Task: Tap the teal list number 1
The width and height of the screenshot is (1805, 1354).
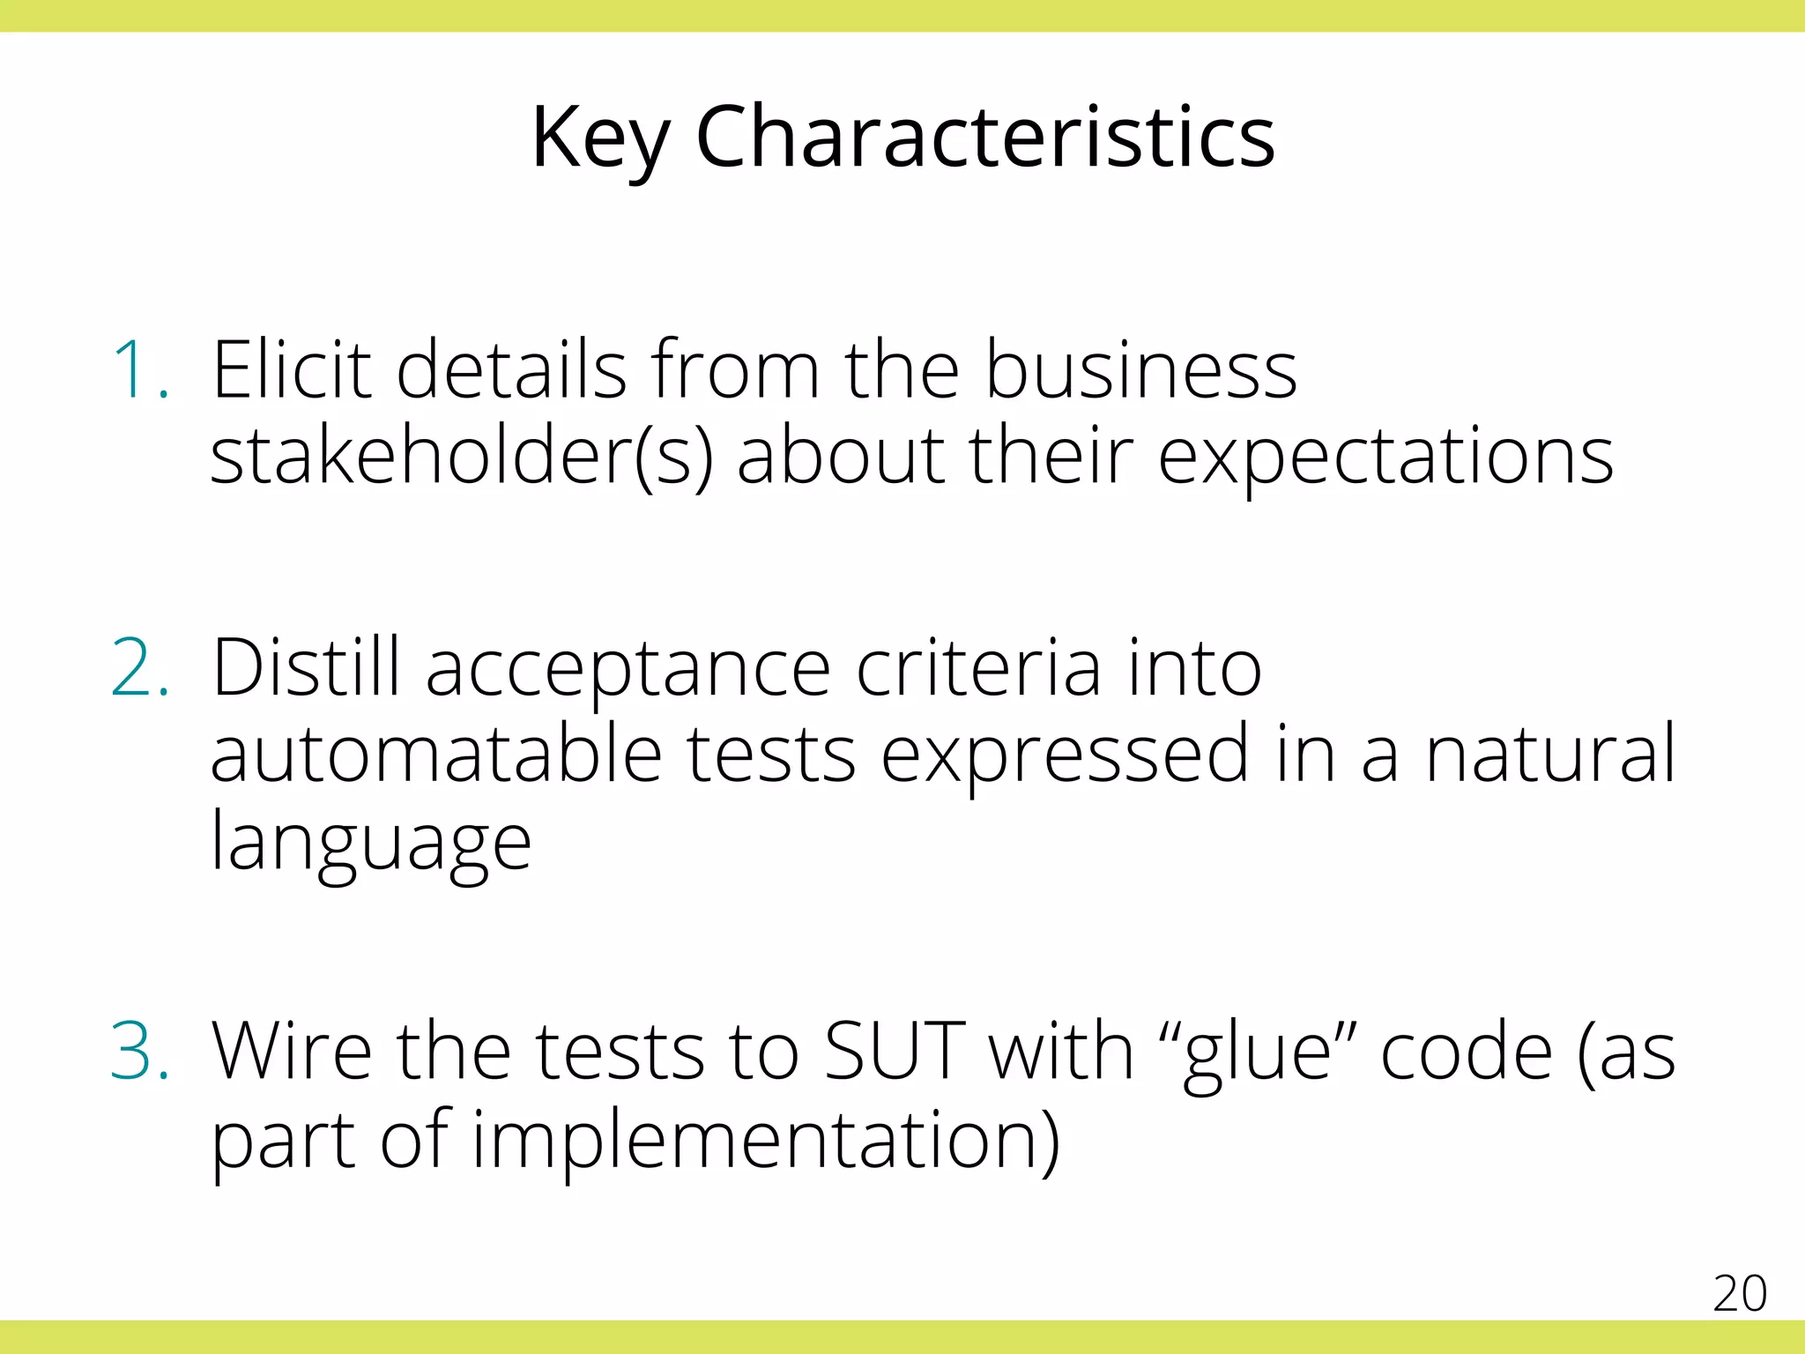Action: [140, 370]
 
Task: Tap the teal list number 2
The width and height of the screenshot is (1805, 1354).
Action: [140, 668]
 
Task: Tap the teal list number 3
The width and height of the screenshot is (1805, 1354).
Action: [140, 1051]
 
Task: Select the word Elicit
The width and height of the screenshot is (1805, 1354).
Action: [292, 370]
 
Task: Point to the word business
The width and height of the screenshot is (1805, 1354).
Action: [1140, 370]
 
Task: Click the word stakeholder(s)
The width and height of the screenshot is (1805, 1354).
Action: [461, 457]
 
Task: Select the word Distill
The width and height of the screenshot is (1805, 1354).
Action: [306, 668]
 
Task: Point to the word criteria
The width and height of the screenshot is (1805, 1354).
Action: [978, 668]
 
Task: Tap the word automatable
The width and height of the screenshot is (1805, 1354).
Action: [436, 755]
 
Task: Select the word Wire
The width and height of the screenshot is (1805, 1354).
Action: [292, 1051]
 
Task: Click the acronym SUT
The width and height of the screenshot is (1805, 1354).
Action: [894, 1051]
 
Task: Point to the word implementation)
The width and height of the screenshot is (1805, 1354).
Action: [766, 1141]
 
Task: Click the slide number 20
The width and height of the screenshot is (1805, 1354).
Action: [1739, 1294]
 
